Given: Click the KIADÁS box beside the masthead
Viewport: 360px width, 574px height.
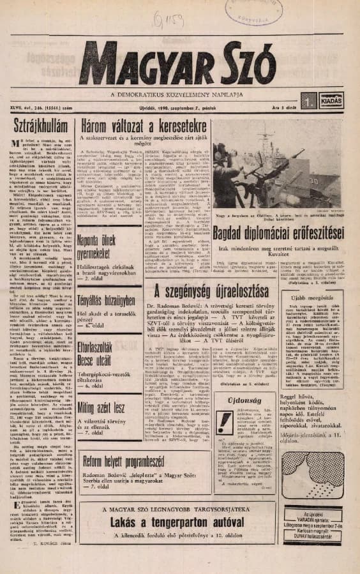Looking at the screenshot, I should pos(331,99).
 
